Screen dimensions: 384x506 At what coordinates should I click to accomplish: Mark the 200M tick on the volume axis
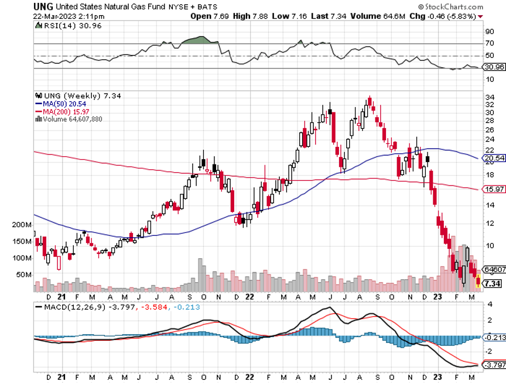(x=22, y=225)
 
